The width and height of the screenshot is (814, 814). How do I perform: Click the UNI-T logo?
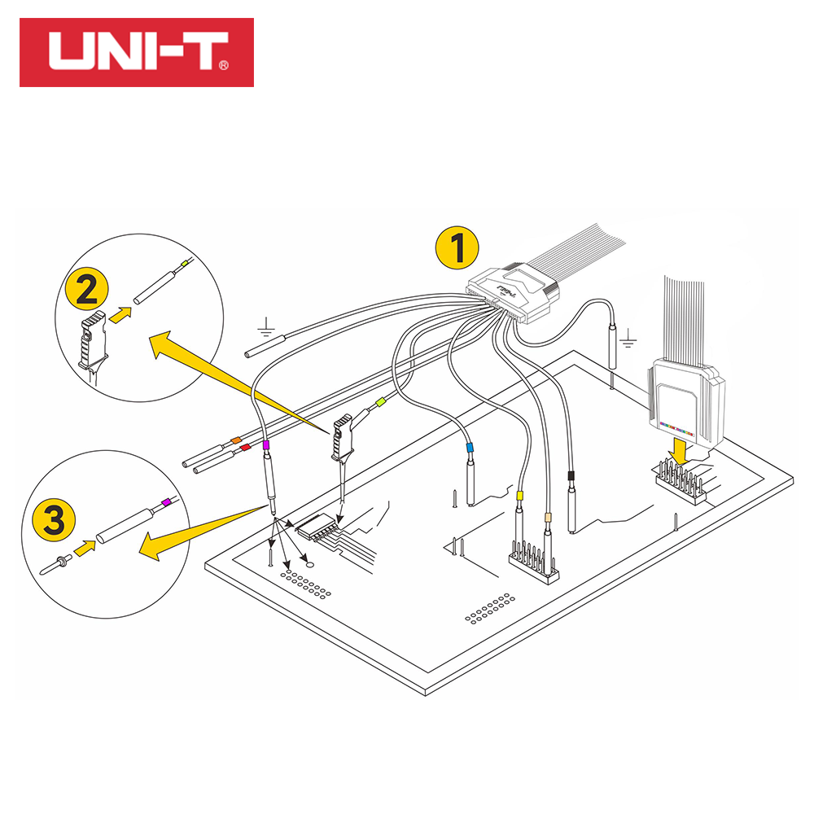click(137, 52)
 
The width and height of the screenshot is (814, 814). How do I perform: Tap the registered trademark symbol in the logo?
click(224, 65)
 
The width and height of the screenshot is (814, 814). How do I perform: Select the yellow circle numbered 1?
click(457, 247)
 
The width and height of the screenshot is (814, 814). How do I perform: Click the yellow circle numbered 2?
click(87, 289)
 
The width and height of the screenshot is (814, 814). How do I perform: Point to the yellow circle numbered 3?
click(54, 519)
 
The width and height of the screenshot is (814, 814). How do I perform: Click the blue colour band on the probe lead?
click(470, 447)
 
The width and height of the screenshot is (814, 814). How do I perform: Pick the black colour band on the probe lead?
click(571, 476)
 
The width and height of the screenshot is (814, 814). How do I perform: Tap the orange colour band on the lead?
click(236, 440)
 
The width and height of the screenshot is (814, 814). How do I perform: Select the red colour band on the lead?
click(245, 447)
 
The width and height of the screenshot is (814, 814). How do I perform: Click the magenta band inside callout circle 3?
click(166, 502)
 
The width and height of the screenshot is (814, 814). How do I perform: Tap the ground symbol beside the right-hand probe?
click(628, 338)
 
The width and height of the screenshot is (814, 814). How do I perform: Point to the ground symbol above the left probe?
click(266, 327)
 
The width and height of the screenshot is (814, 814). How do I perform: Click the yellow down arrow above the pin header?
click(679, 451)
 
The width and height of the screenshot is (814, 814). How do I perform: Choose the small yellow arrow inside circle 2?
click(120, 314)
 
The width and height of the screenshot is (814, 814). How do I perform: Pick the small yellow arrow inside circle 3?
click(85, 548)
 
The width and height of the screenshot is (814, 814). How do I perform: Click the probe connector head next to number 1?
click(514, 292)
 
